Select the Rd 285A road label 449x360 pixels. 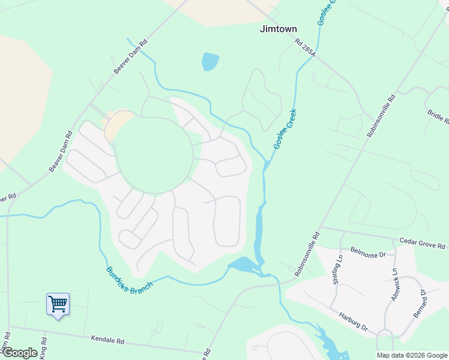[305, 49]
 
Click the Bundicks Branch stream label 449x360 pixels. [129, 277]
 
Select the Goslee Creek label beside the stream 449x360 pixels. [285, 129]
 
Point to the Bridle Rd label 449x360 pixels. [438, 116]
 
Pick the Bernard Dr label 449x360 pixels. [419, 304]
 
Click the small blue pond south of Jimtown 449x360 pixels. [210, 61]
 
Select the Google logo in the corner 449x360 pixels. [20, 353]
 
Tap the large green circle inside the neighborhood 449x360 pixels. [155, 155]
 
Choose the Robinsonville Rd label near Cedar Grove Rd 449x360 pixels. [307, 254]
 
